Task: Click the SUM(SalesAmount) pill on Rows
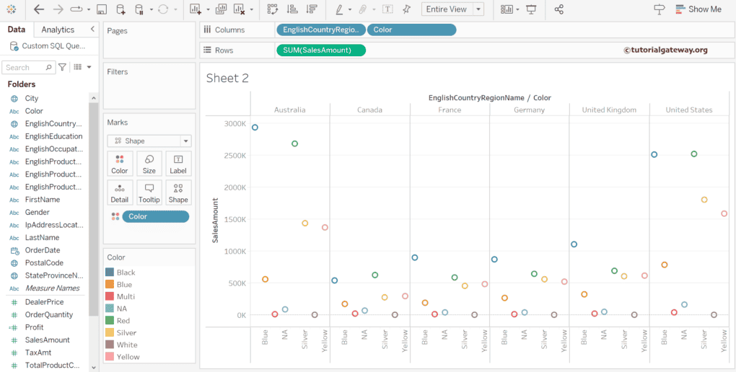point(320,50)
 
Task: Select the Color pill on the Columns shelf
point(411,30)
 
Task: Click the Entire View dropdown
point(453,9)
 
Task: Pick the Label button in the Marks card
point(178,164)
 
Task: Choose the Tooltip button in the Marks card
point(149,192)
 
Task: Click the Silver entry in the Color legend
point(126,333)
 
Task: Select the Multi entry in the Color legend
point(126,296)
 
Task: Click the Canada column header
point(369,110)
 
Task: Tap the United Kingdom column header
point(609,110)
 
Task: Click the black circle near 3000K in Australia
point(255,128)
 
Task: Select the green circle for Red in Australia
point(294,143)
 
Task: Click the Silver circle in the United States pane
point(704,200)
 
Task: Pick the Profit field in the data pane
point(34,327)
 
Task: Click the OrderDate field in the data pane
point(43,250)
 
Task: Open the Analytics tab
point(58,30)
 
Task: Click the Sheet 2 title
point(227,78)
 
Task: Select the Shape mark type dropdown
point(149,141)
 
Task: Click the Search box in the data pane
point(27,67)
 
